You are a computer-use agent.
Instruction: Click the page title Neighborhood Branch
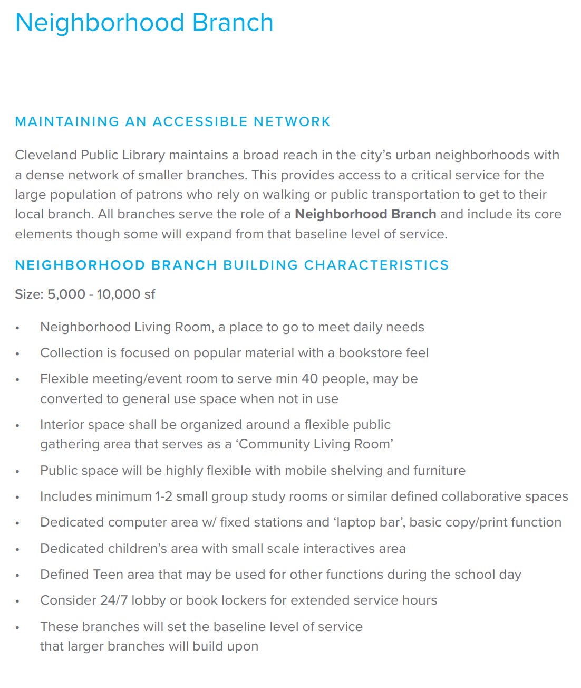(144, 23)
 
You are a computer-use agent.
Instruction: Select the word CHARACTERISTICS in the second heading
(376, 265)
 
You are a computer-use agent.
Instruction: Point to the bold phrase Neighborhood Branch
(365, 214)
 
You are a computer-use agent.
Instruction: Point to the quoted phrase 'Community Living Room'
(314, 444)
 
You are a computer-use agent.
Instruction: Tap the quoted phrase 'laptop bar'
(369, 522)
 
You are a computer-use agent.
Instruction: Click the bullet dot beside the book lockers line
(17, 601)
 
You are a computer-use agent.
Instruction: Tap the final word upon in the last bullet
(242, 646)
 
